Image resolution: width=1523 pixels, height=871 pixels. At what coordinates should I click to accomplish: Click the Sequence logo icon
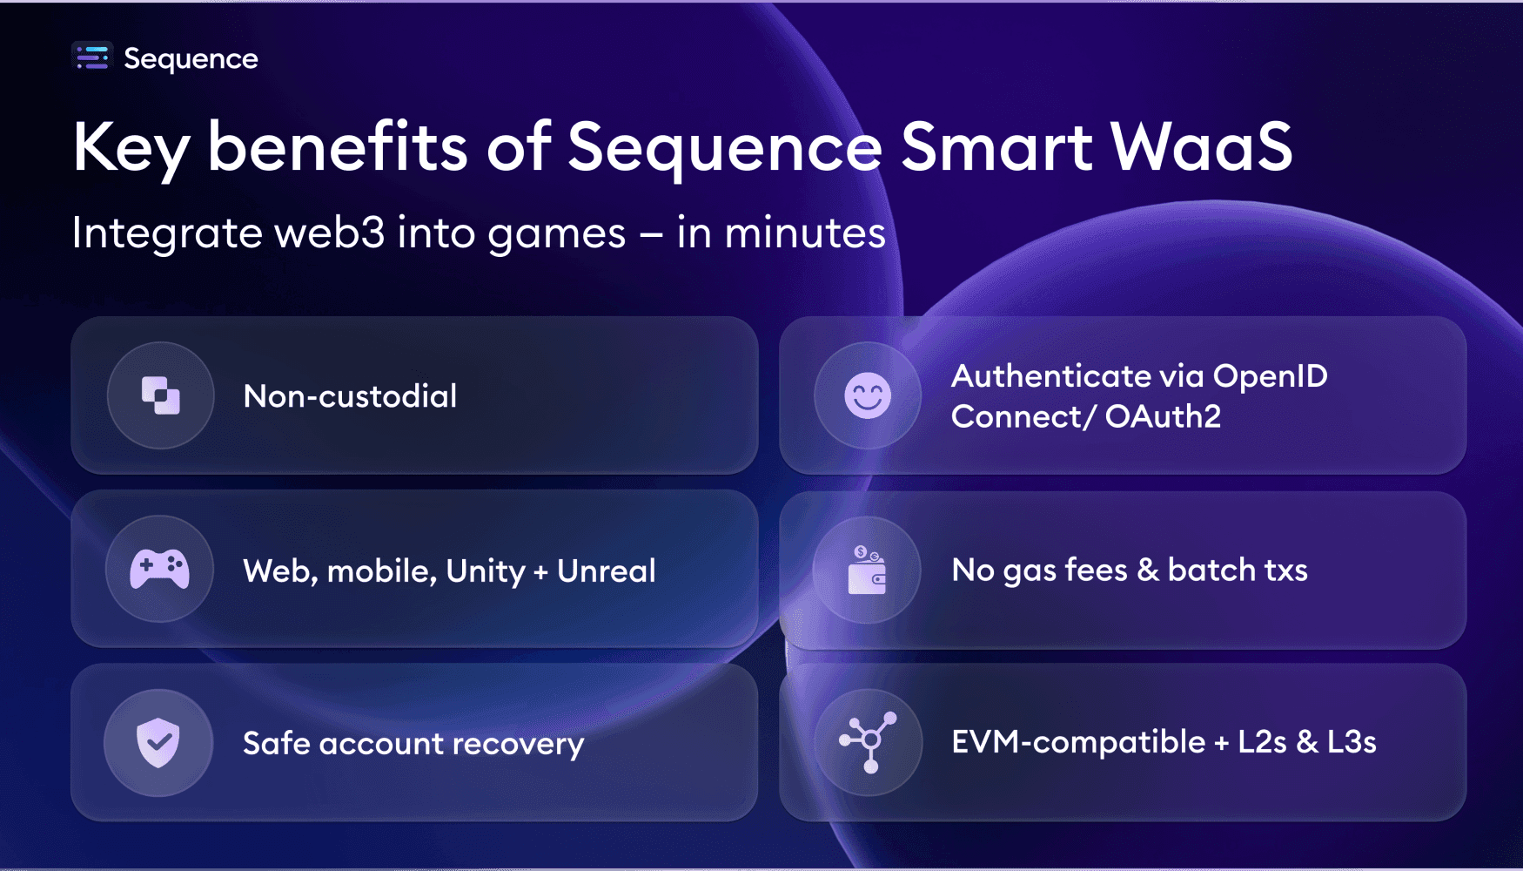click(x=92, y=57)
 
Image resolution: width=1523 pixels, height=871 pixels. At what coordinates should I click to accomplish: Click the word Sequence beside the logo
click(x=191, y=58)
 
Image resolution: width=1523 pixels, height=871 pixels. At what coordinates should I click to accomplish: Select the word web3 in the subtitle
click(x=329, y=233)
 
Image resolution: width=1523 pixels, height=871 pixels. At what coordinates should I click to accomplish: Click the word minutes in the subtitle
click(x=805, y=233)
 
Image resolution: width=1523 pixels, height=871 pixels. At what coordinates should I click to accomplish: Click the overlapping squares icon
click(x=160, y=395)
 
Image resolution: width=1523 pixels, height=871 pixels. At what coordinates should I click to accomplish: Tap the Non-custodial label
click(x=350, y=396)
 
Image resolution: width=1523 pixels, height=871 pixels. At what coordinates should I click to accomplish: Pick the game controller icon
click(x=159, y=569)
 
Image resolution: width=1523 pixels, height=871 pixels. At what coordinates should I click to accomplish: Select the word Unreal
click(x=606, y=571)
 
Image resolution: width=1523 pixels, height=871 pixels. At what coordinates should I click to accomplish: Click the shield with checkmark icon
click(x=158, y=742)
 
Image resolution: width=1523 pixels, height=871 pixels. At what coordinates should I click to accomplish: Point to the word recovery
click(x=518, y=744)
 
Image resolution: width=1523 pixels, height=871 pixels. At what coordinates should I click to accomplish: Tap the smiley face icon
click(x=867, y=395)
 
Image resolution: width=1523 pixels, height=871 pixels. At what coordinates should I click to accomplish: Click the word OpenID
click(x=1270, y=376)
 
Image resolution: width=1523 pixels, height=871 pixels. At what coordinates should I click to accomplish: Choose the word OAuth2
click(x=1163, y=416)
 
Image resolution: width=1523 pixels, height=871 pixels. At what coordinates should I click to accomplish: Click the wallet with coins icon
click(x=867, y=570)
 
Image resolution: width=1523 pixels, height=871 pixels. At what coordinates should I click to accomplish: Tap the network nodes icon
click(x=868, y=742)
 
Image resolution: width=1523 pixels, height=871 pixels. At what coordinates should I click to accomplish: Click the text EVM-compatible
click(x=1078, y=742)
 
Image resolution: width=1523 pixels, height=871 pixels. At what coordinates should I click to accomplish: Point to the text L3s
click(x=1351, y=742)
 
